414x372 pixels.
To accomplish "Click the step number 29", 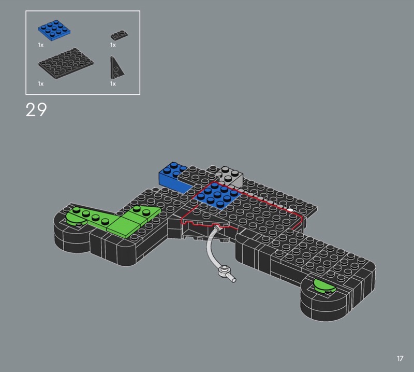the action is (36, 109).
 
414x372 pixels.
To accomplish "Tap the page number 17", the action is (400, 359).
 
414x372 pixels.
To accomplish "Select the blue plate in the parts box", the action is (54, 30).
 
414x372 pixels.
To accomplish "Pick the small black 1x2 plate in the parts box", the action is (119, 35).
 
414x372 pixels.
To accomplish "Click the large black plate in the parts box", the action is (66, 63).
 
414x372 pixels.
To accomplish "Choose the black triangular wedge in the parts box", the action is (116, 68).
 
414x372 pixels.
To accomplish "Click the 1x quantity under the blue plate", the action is (41, 45).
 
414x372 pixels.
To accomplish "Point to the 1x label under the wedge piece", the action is (113, 84).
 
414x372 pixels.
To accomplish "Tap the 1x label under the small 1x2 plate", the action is (113, 45).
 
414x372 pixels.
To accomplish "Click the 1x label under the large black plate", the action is (41, 84).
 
